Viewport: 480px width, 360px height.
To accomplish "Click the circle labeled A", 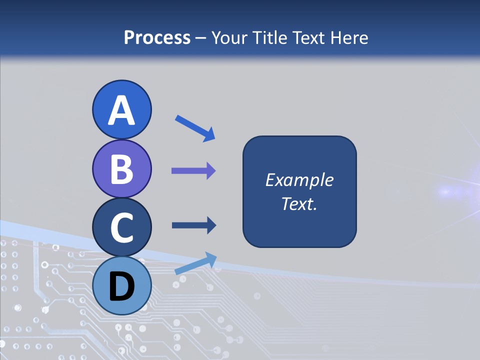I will pos(121,110).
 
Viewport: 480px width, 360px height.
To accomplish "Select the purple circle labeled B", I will pos(121,169).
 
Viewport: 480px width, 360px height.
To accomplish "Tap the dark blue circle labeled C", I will pos(121,227).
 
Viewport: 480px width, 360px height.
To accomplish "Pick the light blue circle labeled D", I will pos(121,285).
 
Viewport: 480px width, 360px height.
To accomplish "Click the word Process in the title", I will pos(157,37).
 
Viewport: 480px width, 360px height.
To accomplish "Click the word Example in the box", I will pos(299,180).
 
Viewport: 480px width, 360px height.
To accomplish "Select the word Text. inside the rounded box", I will pos(299,203).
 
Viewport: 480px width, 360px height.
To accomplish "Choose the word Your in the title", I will pos(230,37).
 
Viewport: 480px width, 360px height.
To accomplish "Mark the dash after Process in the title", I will pos(201,38).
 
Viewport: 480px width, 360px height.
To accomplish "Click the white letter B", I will pos(121,169).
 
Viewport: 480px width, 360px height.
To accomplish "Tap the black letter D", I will pos(121,286).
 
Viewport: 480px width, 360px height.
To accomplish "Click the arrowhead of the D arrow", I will pos(210,258).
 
